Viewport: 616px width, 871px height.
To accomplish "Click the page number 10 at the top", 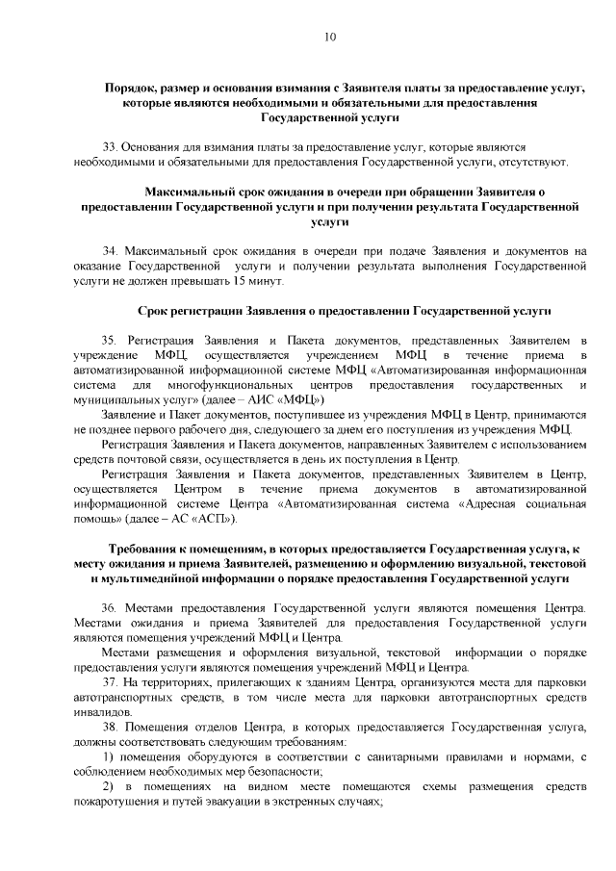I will point(330,38).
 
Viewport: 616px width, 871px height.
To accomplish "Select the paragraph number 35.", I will point(109,341).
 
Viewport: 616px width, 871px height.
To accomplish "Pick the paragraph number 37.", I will point(109,683).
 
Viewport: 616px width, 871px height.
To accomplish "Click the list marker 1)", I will point(108,756).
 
